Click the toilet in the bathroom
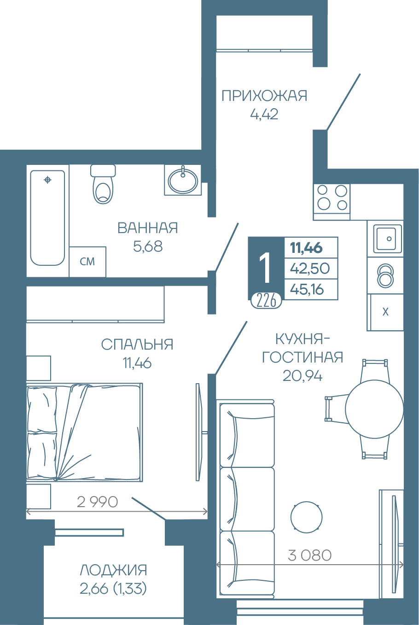coord(103,184)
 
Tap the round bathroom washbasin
coord(183,181)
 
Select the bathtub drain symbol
coord(48,180)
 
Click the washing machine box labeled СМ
coord(87,262)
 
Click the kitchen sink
coord(385,239)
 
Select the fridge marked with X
coord(385,312)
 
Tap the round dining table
coord(374,409)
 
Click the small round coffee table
coord(306,517)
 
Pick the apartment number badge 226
coord(267,301)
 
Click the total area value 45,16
coord(307,289)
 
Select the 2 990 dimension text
coord(97,502)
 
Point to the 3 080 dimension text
coord(310,555)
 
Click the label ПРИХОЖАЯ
coord(264,96)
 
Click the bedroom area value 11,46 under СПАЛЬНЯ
coord(137,363)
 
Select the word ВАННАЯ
coord(147,228)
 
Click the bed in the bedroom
coord(84,432)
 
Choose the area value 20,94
coord(303,376)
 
